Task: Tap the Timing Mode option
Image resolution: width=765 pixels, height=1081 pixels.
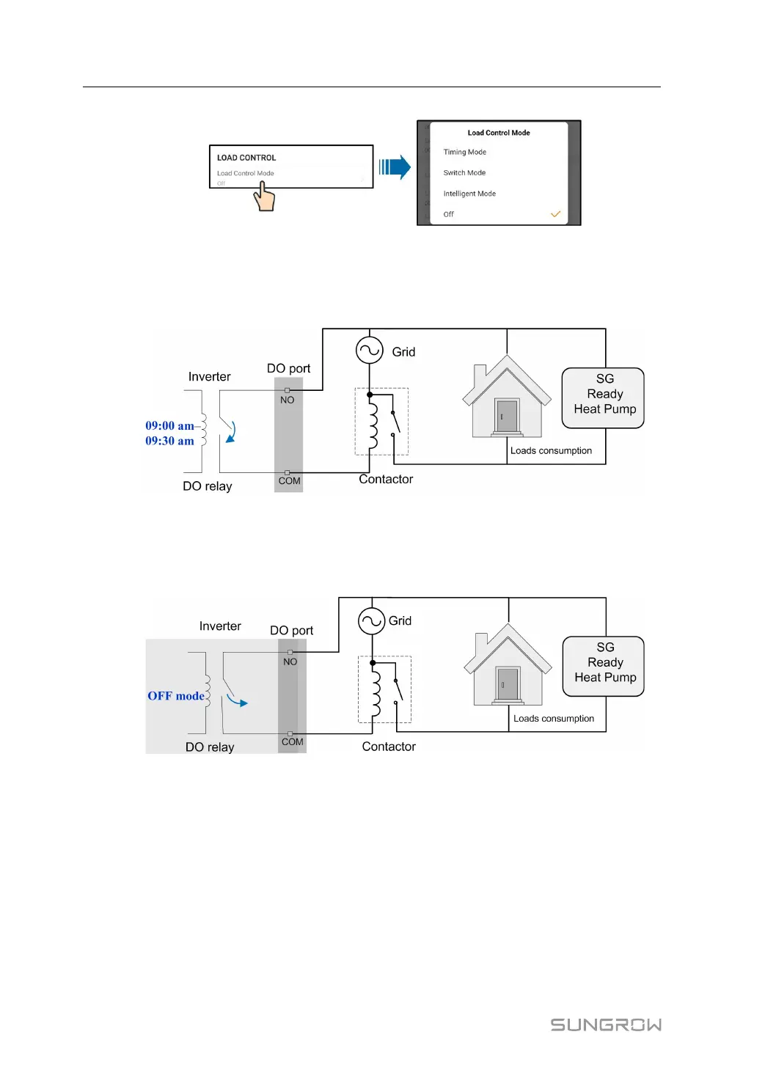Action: coord(464,153)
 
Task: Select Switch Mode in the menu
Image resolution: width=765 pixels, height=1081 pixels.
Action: coord(464,173)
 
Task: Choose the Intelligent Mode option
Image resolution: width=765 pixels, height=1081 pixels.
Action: coord(469,194)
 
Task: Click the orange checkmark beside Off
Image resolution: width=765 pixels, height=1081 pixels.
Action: coord(555,214)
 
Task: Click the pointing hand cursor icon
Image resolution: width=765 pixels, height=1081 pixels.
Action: coord(265,197)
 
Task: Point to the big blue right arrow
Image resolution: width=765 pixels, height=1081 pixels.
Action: coord(395,167)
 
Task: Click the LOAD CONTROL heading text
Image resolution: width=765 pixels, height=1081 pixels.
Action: coord(246,158)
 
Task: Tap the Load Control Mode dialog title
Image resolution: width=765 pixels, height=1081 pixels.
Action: coord(499,133)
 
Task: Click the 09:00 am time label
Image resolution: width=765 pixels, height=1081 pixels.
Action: coord(169,425)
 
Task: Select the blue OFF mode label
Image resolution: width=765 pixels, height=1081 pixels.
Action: coord(176,696)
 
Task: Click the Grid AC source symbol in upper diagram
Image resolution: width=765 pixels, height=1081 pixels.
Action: coord(370,350)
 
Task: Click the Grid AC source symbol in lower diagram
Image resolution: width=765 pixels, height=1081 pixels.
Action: coord(372,621)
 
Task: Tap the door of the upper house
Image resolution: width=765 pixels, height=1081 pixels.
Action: coord(507,416)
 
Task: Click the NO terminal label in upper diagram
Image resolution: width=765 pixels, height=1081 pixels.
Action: coord(287,400)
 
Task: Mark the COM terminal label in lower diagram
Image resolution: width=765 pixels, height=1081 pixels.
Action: coord(292,742)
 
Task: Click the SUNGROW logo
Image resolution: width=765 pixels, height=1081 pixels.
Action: coord(606,1025)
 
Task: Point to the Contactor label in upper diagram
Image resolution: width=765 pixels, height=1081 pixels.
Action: coord(386,480)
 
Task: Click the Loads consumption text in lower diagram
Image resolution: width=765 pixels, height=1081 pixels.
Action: coord(554,719)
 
